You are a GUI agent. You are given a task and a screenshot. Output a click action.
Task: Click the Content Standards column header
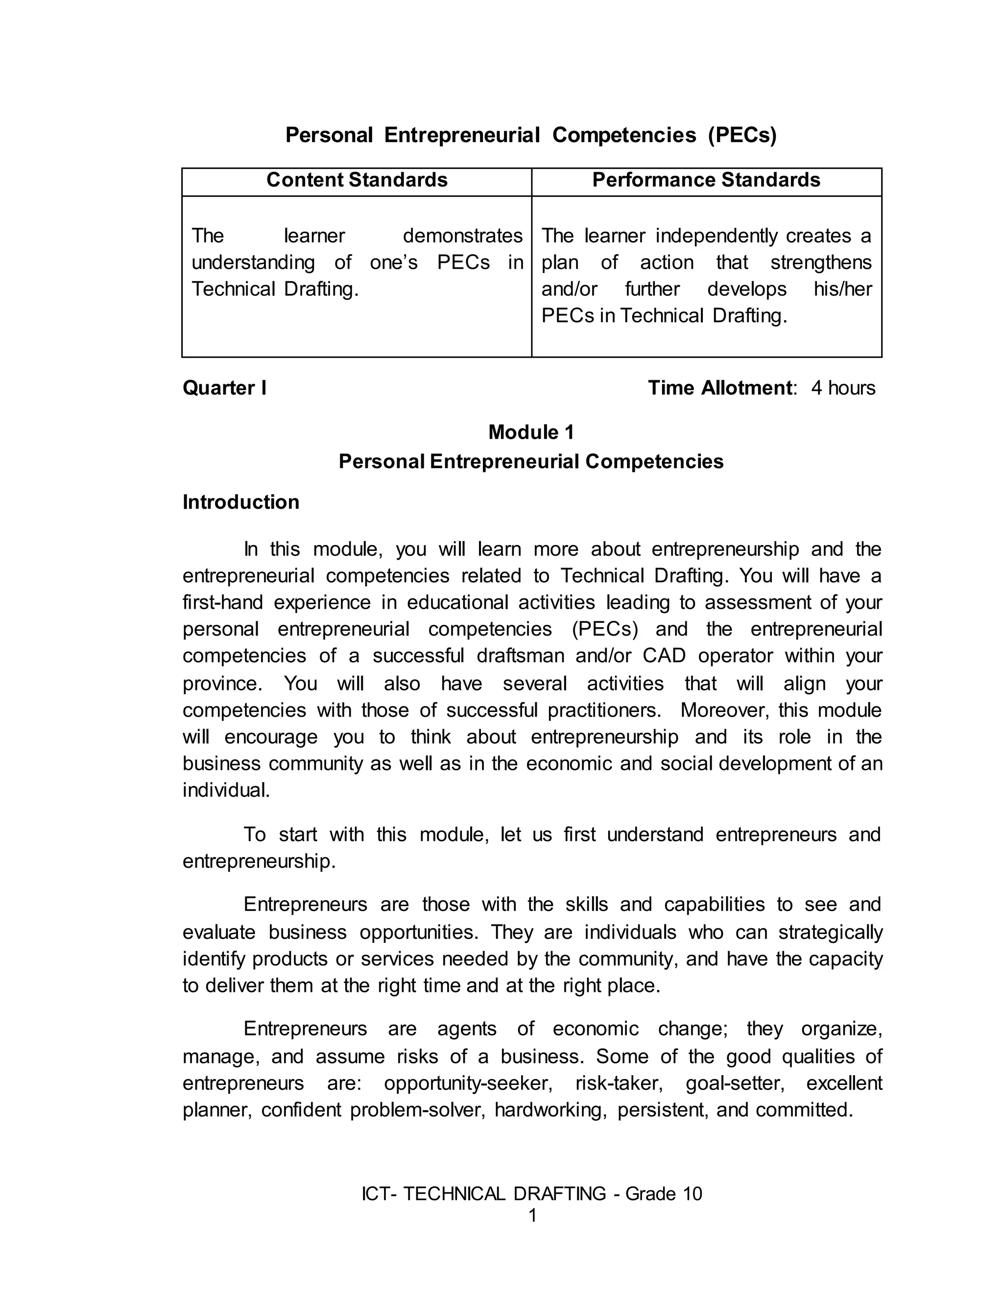tap(357, 180)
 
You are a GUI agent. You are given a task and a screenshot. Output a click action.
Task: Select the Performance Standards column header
tap(706, 180)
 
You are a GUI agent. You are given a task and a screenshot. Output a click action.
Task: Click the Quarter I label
tap(224, 388)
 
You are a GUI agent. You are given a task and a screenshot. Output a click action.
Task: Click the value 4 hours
tap(843, 388)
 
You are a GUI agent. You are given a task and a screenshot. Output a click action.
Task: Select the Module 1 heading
tap(531, 432)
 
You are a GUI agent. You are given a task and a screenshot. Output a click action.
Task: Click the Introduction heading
tap(240, 502)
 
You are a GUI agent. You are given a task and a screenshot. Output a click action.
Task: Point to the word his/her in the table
tap(842, 289)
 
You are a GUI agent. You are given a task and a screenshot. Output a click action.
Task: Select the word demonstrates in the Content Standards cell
tap(463, 236)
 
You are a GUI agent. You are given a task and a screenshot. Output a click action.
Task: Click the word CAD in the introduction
tap(664, 656)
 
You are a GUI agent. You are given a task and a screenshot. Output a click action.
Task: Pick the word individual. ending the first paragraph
tap(226, 790)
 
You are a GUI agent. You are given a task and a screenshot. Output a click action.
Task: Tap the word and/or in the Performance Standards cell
tap(569, 289)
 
